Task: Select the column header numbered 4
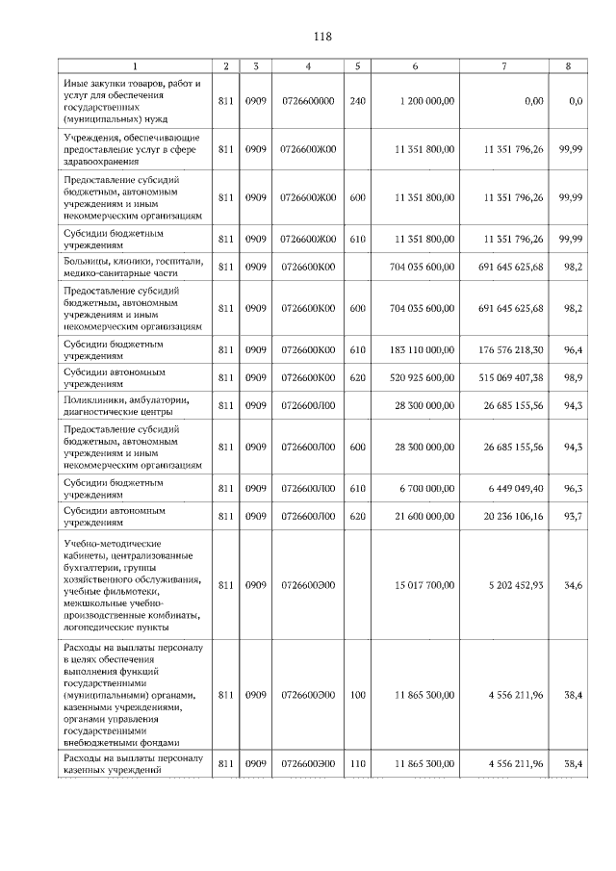[307, 66]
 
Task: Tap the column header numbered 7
[504, 66]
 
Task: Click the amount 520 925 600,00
[422, 377]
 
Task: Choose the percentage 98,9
[574, 377]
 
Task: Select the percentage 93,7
[574, 516]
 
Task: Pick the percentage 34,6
[574, 584]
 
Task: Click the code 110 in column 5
[357, 763]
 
